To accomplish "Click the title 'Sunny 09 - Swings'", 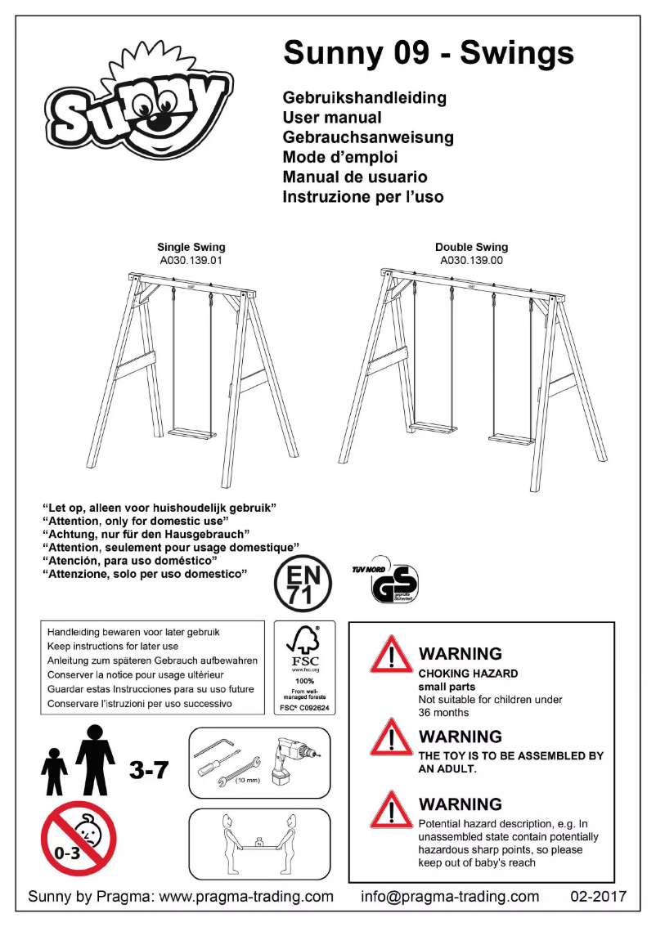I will coord(428,53).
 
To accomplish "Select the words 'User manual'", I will coord(332,118).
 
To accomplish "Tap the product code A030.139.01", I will coord(191,261).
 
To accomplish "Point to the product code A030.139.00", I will coord(471,261).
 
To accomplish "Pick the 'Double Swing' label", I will coord(471,247).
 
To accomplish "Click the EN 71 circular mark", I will coord(303,584).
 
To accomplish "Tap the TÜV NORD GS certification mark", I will coord(391,584).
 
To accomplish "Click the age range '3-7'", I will coord(149,769).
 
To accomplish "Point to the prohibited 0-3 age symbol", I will coord(79,838).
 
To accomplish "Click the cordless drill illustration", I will coord(293,764).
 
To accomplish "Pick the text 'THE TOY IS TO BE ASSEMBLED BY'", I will coord(510,756).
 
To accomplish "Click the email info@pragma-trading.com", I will coord(450,896).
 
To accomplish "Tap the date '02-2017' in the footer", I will coord(598,896).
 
